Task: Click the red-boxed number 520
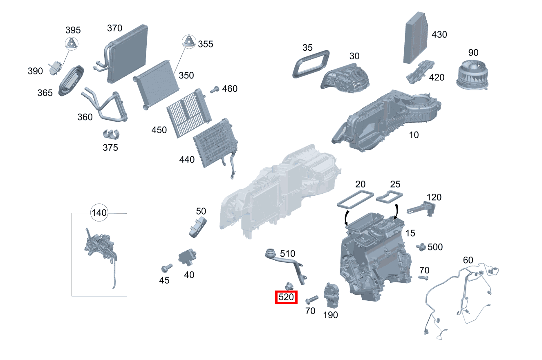click(286, 297)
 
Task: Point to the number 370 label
click(114, 28)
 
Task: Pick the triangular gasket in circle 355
click(189, 42)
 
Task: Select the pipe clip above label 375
click(110, 134)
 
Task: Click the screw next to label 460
click(215, 89)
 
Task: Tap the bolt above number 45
click(166, 268)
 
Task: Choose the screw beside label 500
click(419, 246)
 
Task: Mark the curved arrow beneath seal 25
click(395, 212)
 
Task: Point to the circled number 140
click(99, 212)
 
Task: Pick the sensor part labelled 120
click(423, 208)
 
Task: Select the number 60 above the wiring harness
click(468, 260)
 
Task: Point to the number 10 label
click(414, 135)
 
